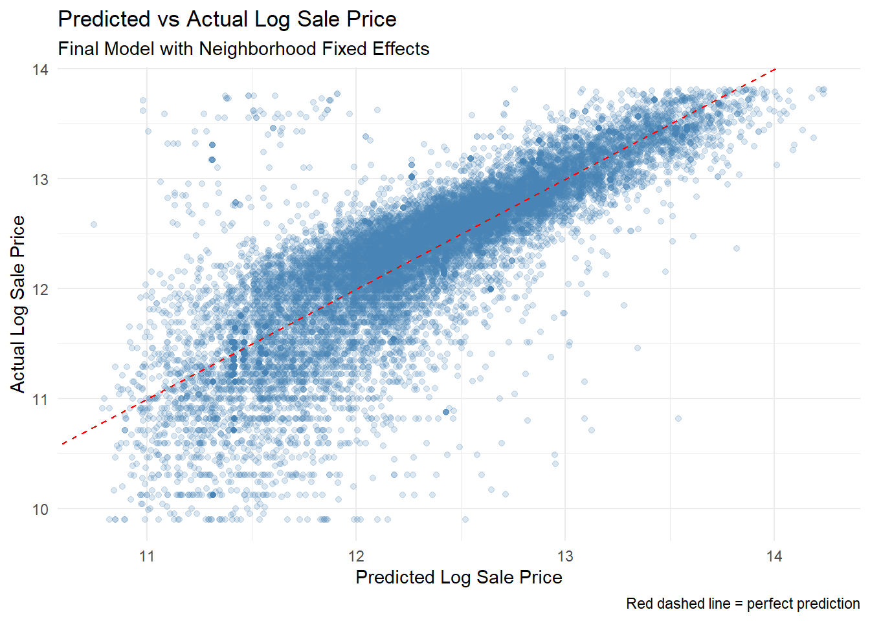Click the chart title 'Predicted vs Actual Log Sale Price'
point(227,19)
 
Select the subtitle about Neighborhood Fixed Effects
point(243,49)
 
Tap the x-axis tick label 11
point(147,556)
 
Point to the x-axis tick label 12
point(356,556)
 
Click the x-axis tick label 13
point(565,556)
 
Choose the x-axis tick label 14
point(774,556)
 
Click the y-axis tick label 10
point(40,509)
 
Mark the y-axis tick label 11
point(40,399)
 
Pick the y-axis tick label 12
point(40,289)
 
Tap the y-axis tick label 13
point(40,179)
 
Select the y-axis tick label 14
point(40,69)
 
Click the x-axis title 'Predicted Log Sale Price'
point(459,577)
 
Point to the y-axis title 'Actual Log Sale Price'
point(18,304)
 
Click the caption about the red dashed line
point(742,604)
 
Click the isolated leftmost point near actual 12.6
point(94,224)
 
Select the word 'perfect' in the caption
point(770,604)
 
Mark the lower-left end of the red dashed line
point(62,444)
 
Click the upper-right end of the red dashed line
point(775,68)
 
